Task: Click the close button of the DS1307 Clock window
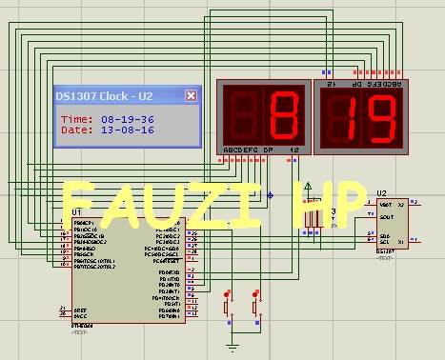pos(191,96)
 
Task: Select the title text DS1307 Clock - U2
pos(104,96)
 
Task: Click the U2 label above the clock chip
pos(381,193)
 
